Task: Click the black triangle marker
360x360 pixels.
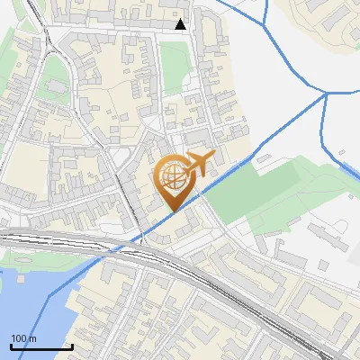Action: (x=181, y=24)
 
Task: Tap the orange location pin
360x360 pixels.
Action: (x=175, y=184)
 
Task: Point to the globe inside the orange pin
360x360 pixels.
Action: (x=173, y=176)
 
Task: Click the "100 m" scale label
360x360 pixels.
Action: (x=24, y=338)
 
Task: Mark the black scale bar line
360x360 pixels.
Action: (x=41, y=346)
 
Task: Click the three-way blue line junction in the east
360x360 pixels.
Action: (x=325, y=92)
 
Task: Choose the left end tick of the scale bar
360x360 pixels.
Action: (x=12, y=346)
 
